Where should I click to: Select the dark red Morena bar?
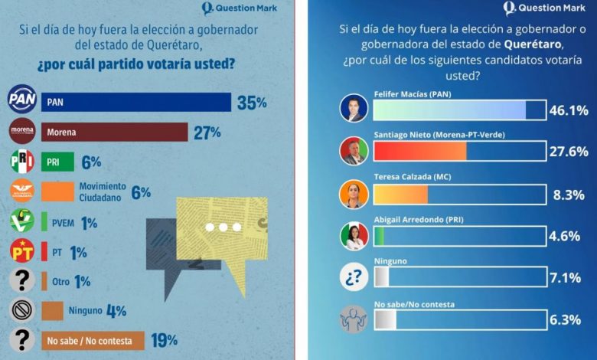[x=114, y=133]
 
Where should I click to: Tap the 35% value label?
[x=252, y=103]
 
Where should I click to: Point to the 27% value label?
[x=207, y=133]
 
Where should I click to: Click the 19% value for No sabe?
[x=165, y=339]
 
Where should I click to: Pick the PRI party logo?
[x=21, y=162]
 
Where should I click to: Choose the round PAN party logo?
[x=21, y=100]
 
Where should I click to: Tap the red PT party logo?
[x=21, y=250]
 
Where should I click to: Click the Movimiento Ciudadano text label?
[x=102, y=191]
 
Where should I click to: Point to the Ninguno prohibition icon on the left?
[x=21, y=311]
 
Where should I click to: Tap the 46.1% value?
[x=569, y=110]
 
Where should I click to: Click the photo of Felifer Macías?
[x=354, y=109]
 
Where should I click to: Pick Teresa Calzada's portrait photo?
[x=354, y=195]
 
